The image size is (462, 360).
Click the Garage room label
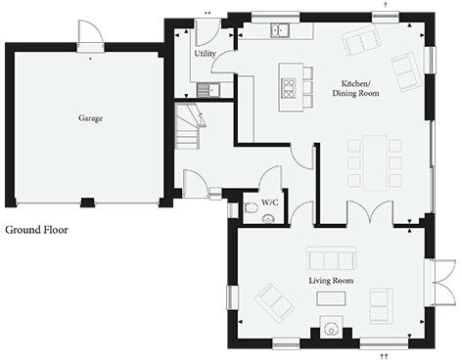[91, 118]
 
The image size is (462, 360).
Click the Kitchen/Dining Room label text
[358, 87]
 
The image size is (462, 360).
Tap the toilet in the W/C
[252, 208]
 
